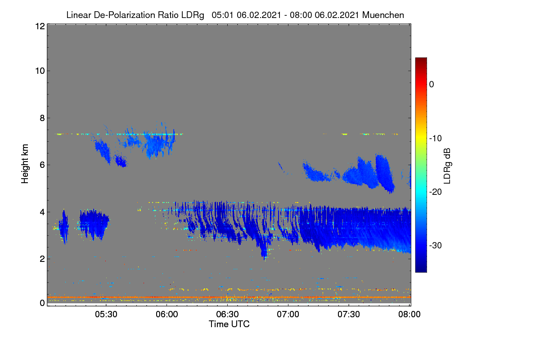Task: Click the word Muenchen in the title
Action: coord(383,15)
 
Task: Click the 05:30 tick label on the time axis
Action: coord(106,315)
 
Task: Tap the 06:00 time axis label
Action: coord(167,315)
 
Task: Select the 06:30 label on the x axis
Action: coord(227,315)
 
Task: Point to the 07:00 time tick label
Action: coord(288,315)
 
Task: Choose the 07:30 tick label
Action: coord(349,315)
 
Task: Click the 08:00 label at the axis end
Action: coord(409,315)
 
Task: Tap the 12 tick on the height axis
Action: coord(40,26)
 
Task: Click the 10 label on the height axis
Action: coord(40,71)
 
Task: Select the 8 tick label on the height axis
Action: coord(42,118)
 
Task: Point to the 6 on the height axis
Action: coord(42,165)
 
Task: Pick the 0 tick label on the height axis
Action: coord(42,303)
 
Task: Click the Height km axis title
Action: coord(25,164)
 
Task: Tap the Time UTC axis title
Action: coord(229,324)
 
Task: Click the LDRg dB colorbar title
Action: coord(447,166)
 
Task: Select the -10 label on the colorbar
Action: coord(436,139)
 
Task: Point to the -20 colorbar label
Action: coord(436,192)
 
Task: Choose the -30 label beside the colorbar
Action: coord(436,245)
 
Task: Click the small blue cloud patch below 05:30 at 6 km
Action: coord(121,162)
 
